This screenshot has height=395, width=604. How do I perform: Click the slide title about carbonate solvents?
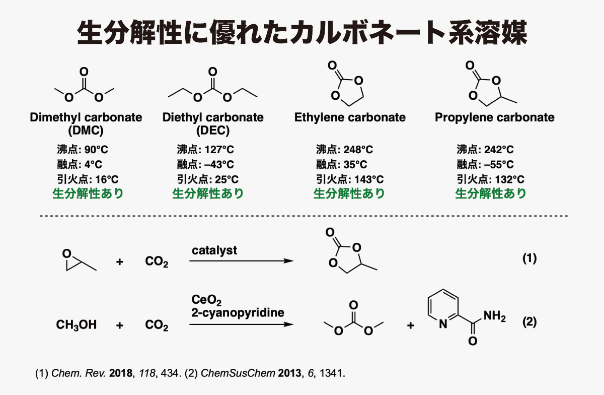click(x=302, y=33)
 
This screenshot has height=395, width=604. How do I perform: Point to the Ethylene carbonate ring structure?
click(x=346, y=84)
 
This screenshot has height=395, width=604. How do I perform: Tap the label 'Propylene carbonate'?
click(x=494, y=117)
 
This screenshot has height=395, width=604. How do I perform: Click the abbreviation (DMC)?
click(x=86, y=130)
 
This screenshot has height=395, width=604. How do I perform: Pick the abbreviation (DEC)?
click(x=213, y=130)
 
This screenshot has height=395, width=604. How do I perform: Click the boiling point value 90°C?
click(x=96, y=150)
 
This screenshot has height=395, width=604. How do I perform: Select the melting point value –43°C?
click(x=219, y=164)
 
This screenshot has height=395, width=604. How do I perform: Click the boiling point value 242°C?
click(x=499, y=150)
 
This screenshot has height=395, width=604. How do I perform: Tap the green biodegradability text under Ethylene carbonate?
click(x=349, y=193)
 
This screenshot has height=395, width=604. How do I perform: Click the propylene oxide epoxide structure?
click(x=80, y=260)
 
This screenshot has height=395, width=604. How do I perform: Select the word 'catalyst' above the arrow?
click(x=214, y=250)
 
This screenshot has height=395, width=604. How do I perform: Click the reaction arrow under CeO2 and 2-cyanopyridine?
click(x=241, y=324)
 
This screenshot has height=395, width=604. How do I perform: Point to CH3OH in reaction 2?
click(x=77, y=325)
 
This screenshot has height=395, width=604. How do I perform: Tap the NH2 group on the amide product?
click(x=494, y=316)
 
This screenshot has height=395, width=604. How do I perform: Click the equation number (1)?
click(x=530, y=258)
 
